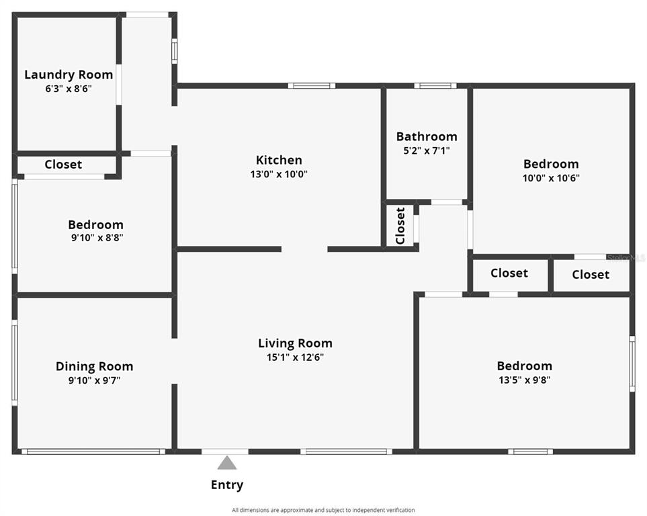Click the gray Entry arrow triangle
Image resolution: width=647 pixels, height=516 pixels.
[227, 463]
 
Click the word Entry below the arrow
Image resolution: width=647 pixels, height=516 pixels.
[227, 484]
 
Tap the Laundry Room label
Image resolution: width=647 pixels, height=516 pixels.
[69, 75]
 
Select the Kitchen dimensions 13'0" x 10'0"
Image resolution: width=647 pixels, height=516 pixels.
[279, 174]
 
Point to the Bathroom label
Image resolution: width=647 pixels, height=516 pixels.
[427, 136]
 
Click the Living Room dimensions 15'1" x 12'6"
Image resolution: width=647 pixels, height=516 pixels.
[295, 357]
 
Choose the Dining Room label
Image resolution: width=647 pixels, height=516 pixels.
[95, 367]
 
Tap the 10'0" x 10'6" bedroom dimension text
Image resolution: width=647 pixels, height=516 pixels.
[551, 178]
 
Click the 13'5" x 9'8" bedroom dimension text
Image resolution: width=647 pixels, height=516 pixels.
[525, 380]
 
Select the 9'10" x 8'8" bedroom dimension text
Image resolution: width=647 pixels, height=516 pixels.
[97, 238]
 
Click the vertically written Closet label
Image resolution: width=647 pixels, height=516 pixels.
[400, 226]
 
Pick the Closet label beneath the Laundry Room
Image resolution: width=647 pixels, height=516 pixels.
[63, 165]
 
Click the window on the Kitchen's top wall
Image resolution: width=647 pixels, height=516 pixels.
[312, 86]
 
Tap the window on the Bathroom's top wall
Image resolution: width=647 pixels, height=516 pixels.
[435, 86]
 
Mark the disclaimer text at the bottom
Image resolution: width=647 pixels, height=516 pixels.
[323, 510]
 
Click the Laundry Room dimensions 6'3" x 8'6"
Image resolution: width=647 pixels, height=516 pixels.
[69, 89]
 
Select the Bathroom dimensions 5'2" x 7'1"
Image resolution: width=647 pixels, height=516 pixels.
[427, 150]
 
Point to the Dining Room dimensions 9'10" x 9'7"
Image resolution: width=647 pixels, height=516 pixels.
[95, 380]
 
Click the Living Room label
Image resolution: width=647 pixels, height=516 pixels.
[295, 343]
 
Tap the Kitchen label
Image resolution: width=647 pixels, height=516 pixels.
[279, 160]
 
